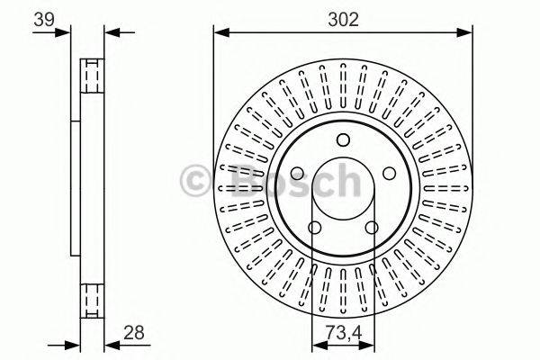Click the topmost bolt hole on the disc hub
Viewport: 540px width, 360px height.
tap(342, 139)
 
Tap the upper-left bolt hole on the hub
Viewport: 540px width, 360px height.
tap(298, 173)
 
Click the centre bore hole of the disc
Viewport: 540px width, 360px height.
tap(342, 192)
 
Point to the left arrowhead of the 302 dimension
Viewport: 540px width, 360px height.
tap(219, 32)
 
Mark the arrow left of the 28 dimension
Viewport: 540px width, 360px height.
tap(74, 344)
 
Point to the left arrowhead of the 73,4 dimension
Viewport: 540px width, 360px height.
tap(316, 344)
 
